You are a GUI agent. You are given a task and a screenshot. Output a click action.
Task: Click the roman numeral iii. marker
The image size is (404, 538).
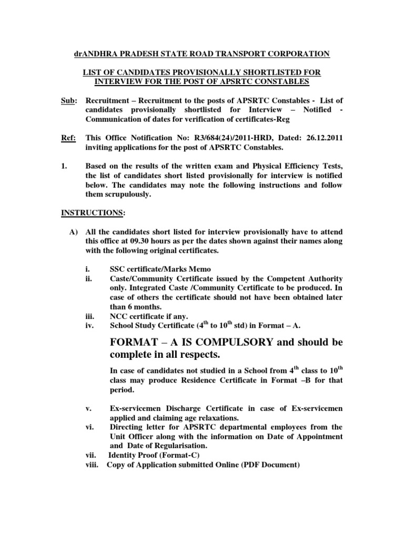(x=89, y=317)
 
